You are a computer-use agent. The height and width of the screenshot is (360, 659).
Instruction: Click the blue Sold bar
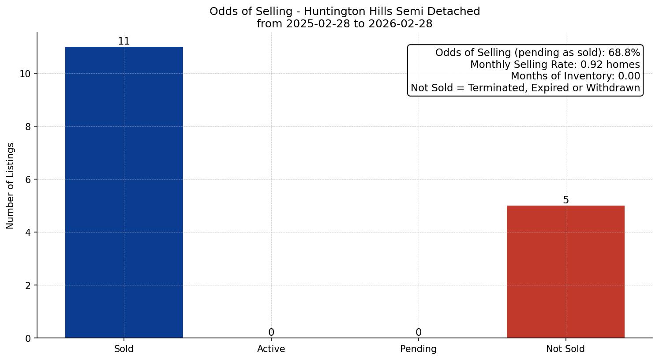[124, 192]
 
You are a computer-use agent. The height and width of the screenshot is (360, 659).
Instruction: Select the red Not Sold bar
[565, 272]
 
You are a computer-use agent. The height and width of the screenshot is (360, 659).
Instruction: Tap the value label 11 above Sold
[124, 41]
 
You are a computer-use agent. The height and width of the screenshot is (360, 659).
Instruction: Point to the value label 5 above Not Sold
[566, 200]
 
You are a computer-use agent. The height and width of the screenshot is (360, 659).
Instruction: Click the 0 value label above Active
[271, 332]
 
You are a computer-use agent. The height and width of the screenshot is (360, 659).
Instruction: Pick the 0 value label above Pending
[419, 332]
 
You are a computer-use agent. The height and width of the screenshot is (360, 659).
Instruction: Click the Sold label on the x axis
[124, 349]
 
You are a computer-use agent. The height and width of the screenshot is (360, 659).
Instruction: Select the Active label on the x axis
[271, 349]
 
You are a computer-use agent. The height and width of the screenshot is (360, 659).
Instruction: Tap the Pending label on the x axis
[418, 349]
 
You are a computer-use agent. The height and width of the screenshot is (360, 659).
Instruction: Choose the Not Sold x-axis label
[565, 349]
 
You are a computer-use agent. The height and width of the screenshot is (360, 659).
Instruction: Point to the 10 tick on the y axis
[25, 74]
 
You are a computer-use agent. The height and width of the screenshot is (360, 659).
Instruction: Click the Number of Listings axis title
[11, 186]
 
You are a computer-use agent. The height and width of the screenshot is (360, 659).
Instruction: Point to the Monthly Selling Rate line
[555, 64]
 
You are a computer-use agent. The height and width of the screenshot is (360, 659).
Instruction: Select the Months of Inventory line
[575, 76]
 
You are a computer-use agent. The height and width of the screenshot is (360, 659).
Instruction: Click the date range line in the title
[344, 24]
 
